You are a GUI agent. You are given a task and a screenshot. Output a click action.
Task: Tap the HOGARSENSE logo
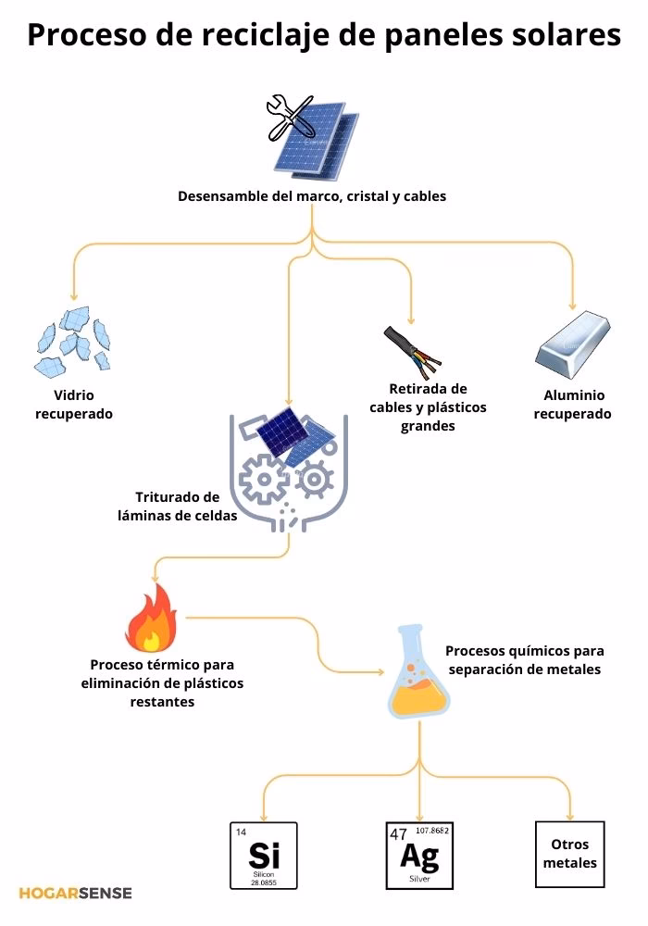75,893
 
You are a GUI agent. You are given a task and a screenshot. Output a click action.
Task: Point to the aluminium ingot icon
574,344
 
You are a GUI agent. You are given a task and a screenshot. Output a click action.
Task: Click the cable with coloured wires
411,349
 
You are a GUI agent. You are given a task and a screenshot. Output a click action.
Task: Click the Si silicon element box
264,855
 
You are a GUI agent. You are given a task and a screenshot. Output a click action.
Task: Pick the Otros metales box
569,854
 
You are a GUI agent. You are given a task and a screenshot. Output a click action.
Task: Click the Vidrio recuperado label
74,405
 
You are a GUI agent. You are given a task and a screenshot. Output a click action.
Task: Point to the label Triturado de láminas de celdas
177,506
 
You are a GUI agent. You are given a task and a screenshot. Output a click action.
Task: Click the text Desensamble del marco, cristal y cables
312,196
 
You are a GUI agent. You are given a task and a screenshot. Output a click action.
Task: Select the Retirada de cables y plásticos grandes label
428,407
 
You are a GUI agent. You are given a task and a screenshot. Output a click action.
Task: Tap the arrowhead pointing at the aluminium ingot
573,305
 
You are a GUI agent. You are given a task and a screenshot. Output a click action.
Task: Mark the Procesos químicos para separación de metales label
524,660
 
